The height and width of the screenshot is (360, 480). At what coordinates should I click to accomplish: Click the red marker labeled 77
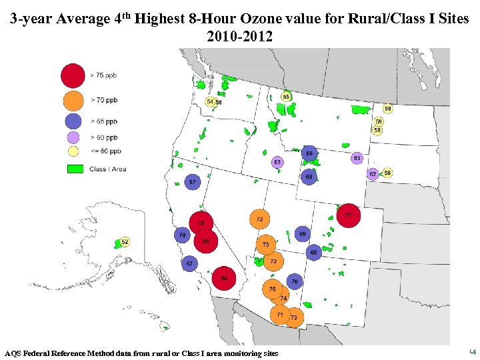[x=349, y=215]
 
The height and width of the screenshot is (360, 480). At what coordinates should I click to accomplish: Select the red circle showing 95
[x=206, y=241]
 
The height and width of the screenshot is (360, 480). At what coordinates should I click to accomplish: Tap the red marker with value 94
[x=224, y=278]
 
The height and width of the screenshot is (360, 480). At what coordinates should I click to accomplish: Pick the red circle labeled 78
[x=201, y=223]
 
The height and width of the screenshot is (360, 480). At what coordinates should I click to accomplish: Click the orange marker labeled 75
[x=272, y=289]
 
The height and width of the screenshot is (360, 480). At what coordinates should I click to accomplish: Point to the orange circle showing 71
[x=280, y=314]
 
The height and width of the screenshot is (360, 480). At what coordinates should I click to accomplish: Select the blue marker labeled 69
[x=302, y=234]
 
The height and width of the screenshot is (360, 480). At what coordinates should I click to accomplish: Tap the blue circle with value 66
[x=309, y=153]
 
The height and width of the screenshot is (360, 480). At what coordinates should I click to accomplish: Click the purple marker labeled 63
[x=277, y=162]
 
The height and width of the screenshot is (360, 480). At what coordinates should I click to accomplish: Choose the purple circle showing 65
[x=357, y=158]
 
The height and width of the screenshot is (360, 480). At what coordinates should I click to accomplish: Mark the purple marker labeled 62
[x=373, y=174]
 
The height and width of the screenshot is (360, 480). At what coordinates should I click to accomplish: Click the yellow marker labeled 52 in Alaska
[x=125, y=242]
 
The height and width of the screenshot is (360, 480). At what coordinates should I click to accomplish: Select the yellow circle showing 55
[x=286, y=97]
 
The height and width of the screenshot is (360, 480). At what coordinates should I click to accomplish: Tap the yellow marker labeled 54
[x=210, y=102]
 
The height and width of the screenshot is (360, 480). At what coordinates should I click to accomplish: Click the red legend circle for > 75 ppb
[x=73, y=75]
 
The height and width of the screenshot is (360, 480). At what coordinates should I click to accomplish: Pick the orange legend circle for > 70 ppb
[x=73, y=100]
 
